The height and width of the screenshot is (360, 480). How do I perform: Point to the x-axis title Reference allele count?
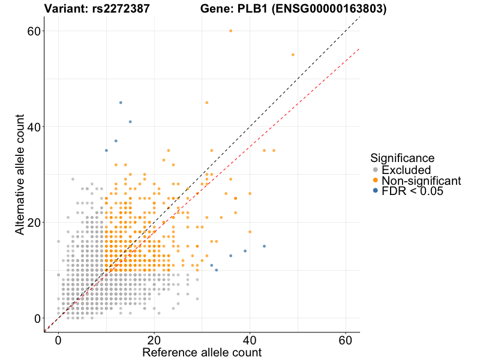[202, 352]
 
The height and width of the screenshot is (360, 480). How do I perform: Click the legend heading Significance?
[402, 158]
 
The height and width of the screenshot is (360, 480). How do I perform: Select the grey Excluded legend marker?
[376, 170]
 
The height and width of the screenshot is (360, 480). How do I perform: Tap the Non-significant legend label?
[421, 180]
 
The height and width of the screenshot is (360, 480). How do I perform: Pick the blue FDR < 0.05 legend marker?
[376, 190]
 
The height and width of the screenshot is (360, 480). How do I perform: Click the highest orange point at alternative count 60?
[231, 31]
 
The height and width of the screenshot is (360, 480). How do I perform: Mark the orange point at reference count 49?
[293, 55]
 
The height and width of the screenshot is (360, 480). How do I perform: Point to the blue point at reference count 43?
[264, 246]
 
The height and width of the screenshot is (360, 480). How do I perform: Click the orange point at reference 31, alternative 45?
[207, 103]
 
